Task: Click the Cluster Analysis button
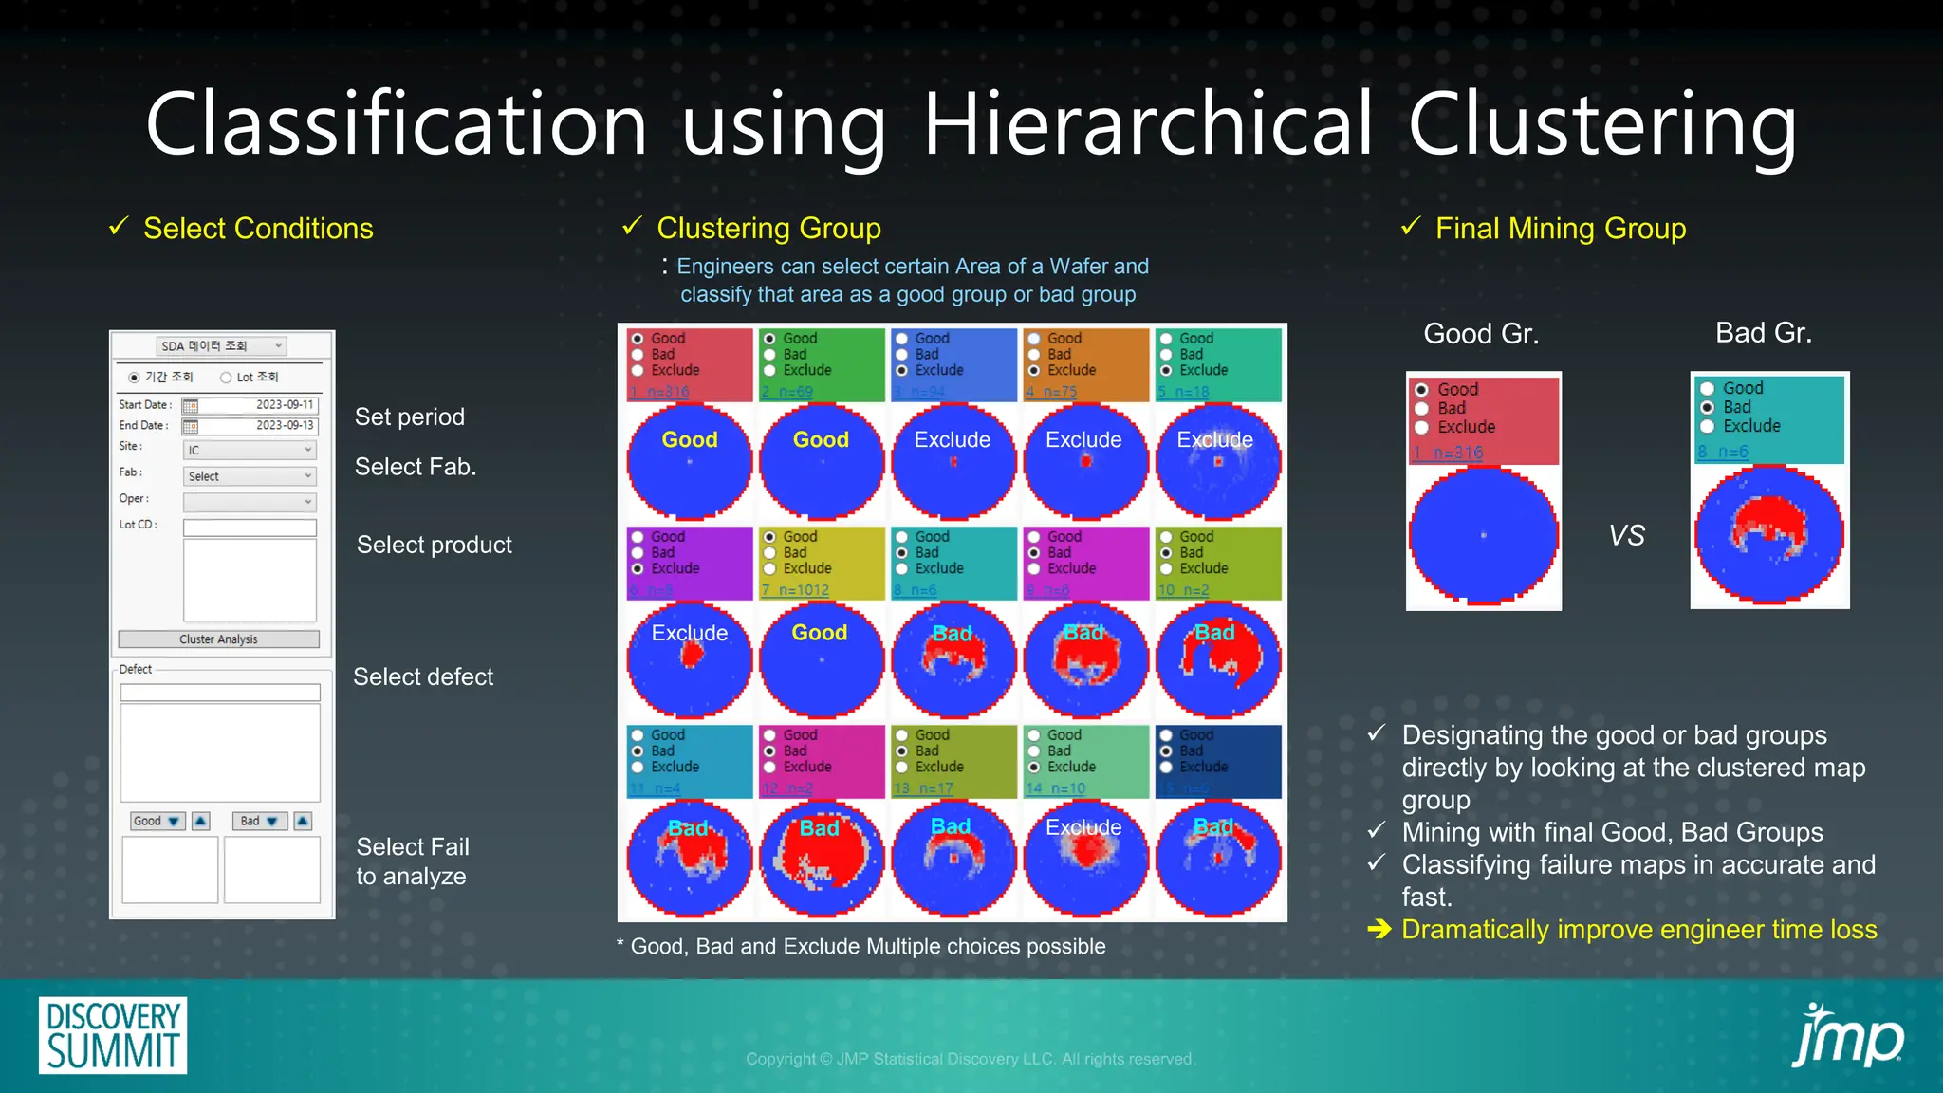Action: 218,639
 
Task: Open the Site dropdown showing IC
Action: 249,451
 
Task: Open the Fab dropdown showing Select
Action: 249,476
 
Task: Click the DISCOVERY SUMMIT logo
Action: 113,1035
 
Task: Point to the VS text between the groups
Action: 1626,536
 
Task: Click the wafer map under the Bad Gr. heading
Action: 1769,536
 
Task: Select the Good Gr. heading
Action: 1481,334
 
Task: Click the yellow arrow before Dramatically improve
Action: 1379,930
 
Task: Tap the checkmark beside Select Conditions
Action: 119,227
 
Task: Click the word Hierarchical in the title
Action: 1147,124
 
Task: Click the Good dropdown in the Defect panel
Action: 157,821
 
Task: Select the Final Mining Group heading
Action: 1560,229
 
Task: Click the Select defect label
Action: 423,676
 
